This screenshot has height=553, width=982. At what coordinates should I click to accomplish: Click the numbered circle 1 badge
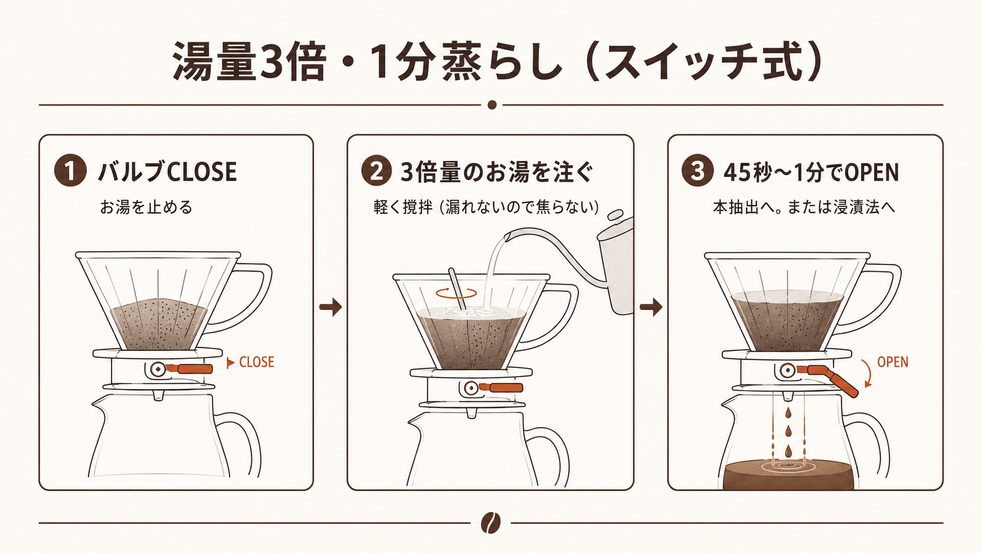click(x=70, y=171)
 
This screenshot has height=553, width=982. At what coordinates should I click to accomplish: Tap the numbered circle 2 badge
click(x=376, y=171)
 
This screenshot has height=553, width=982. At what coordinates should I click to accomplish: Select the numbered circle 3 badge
click(x=697, y=171)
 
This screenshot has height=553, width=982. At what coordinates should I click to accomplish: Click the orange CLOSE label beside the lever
click(x=257, y=362)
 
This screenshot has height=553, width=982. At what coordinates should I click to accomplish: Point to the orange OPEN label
click(x=893, y=362)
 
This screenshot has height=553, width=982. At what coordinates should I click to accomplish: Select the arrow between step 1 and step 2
click(x=331, y=307)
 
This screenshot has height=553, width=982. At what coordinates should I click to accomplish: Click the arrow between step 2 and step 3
click(x=651, y=307)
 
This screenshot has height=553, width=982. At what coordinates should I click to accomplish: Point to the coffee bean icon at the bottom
click(x=490, y=522)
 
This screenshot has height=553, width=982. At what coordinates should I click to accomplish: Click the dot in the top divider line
click(x=492, y=105)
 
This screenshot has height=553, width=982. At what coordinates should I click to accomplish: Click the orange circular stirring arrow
click(x=456, y=293)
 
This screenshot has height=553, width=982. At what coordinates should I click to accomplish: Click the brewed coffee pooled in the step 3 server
click(x=788, y=474)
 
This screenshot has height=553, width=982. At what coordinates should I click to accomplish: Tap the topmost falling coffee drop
click(x=788, y=413)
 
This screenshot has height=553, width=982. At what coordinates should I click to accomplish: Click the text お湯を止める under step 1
click(x=146, y=207)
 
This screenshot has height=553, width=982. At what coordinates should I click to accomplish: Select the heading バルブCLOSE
click(x=167, y=172)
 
